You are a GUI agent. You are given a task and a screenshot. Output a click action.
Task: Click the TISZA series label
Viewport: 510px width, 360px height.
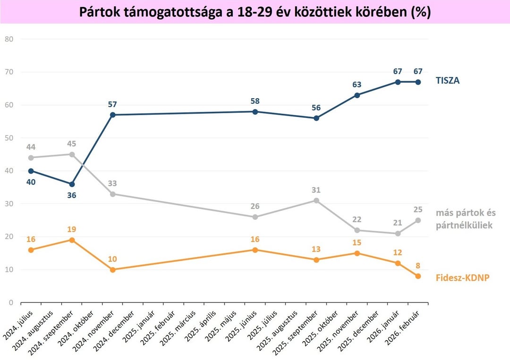point(447,81)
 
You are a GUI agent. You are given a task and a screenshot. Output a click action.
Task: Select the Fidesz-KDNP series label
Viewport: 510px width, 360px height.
point(462,277)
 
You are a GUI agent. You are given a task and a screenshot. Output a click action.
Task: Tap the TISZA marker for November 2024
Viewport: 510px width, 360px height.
point(112,115)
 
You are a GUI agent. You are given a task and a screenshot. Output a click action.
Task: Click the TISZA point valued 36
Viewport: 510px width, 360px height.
point(72,184)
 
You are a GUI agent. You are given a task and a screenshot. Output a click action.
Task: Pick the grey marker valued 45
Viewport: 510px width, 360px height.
point(72,154)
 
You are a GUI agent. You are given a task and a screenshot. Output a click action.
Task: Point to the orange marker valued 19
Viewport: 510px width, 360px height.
point(72,240)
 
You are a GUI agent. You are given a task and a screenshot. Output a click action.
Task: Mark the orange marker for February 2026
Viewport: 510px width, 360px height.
point(418,276)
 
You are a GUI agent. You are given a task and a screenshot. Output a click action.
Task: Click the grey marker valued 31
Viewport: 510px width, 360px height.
point(316,201)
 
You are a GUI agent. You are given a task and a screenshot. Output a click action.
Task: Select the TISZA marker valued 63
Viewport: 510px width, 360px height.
point(357,95)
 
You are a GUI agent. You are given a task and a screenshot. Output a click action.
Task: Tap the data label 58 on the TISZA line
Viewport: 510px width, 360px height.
point(255,101)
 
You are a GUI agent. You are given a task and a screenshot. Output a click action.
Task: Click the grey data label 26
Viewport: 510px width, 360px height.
point(255,206)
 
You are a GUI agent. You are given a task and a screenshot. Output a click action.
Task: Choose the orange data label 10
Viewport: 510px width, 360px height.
point(112,259)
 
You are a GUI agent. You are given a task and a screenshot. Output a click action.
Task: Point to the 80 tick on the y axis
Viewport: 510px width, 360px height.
point(9,39)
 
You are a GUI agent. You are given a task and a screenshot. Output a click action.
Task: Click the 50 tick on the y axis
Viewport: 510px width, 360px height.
point(9,138)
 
